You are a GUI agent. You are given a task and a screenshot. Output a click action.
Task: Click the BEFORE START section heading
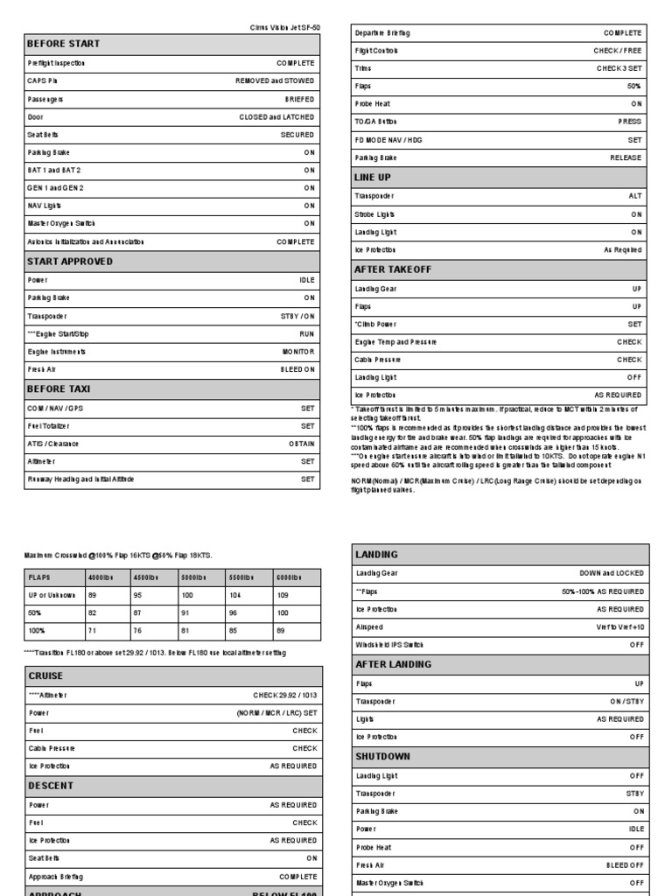64,44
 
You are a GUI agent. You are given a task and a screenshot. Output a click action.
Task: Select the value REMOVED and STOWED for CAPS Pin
275,80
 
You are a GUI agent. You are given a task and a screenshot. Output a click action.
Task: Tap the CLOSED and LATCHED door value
276,116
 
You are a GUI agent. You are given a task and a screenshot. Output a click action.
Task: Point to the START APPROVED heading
70,262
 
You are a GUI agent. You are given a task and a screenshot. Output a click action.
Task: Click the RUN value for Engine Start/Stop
306,333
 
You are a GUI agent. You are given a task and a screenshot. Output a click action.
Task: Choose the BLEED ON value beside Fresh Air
297,369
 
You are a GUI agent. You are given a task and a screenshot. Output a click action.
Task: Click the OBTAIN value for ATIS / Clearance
302,444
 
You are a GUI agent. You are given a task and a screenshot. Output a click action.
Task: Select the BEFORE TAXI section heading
59,388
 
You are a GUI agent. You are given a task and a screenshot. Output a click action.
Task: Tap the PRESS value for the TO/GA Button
630,122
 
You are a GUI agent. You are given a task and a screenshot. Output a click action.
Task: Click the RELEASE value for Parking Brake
626,157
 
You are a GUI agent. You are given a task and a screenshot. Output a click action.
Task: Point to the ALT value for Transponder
635,196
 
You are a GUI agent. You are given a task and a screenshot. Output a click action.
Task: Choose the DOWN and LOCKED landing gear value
611,573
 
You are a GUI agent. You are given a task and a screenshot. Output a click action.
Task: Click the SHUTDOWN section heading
383,756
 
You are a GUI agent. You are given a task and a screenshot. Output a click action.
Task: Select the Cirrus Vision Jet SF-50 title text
285,27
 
